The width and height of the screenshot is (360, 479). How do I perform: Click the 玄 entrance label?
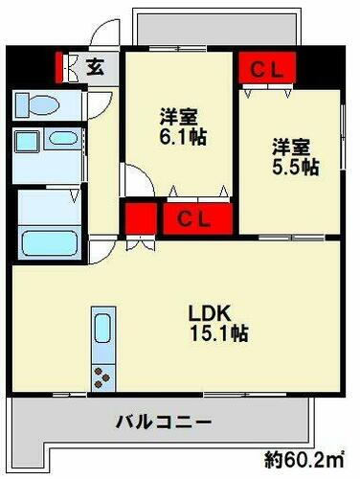point(96,67)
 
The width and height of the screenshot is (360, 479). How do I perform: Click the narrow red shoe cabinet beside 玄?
point(69,67)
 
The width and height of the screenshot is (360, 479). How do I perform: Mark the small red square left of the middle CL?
point(140,218)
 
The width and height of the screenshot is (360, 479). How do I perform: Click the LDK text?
point(206,313)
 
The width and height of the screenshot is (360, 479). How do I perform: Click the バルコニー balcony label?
point(162,422)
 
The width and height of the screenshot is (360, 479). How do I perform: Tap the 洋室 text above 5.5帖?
point(292,147)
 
